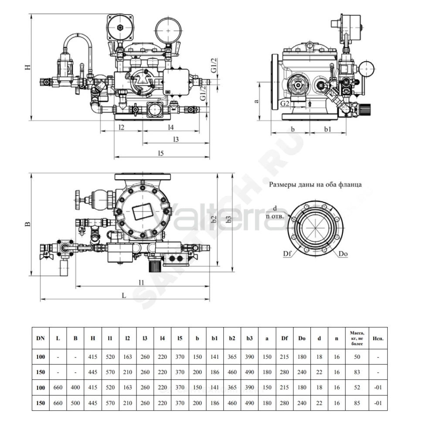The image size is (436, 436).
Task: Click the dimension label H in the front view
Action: pyautogui.click(x=28, y=67)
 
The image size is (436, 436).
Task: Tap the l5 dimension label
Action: pyautogui.click(x=161, y=153)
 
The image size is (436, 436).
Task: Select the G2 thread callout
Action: pyautogui.click(x=284, y=103)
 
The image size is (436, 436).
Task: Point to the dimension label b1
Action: pyautogui.click(x=328, y=129)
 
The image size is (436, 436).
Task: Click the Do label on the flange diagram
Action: pyautogui.click(x=343, y=254)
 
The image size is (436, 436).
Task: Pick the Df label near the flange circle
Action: pyautogui.click(x=287, y=253)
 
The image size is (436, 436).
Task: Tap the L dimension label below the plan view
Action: pyautogui.click(x=124, y=295)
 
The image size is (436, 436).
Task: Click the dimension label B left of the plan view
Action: pyautogui.click(x=28, y=224)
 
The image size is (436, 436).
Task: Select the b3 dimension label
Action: pyautogui.click(x=229, y=219)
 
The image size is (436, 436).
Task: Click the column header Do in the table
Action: pyautogui.click(x=302, y=338)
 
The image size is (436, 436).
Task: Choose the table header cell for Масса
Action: pyautogui.click(x=357, y=338)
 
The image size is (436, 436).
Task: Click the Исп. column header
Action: pyautogui.click(x=378, y=338)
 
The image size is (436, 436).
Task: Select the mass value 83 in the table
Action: pyautogui.click(x=357, y=372)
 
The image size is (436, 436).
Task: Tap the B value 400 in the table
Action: pyautogui.click(x=75, y=387)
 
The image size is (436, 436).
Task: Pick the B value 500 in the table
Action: pyautogui.click(x=75, y=403)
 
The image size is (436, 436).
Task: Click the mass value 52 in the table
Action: pyautogui.click(x=357, y=387)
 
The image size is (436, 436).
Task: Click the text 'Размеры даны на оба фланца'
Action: pyautogui.click(x=315, y=184)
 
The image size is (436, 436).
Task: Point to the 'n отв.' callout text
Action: pyautogui.click(x=275, y=216)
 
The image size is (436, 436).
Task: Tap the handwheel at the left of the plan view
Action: pyautogui.click(x=78, y=200)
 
